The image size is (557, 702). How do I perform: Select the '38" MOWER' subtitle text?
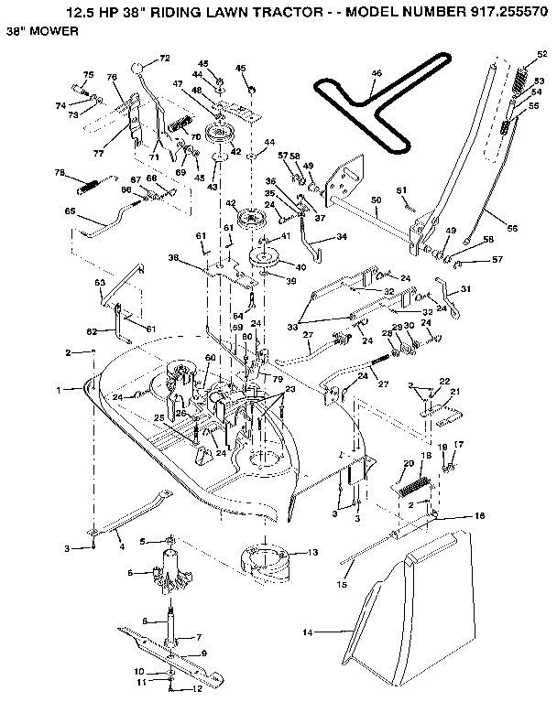40,31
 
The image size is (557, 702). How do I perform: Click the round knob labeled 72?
137,67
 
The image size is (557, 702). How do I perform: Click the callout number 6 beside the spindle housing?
131,572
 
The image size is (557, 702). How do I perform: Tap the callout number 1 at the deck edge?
59,390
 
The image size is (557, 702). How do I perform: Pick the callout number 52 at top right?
542,54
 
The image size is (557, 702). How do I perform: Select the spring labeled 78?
89,186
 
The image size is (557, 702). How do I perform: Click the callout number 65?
69,211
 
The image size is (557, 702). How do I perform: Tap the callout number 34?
342,236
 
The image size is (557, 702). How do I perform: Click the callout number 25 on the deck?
159,417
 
